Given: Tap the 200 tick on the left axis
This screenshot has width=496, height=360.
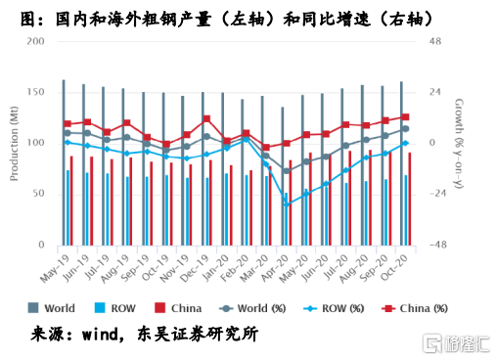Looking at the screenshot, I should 35,41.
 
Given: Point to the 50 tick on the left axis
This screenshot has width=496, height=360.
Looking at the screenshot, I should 38,194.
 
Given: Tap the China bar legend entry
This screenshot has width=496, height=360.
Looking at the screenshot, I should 187,308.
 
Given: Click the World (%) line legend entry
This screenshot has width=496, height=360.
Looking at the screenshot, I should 256,308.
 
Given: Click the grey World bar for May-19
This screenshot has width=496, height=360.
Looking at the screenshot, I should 64,161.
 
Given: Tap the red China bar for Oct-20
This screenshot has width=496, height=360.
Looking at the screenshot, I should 409,199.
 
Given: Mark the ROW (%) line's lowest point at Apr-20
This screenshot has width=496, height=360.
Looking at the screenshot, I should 286,203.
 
